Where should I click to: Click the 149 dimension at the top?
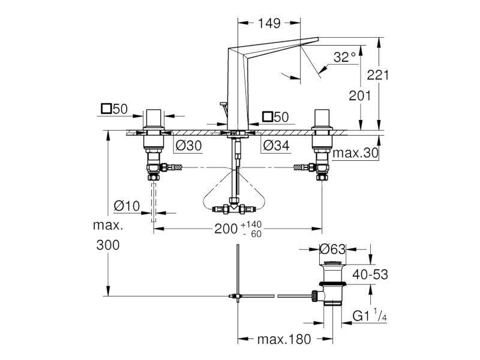269,23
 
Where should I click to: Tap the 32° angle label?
344,57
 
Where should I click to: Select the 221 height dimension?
378,75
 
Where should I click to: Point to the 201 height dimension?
359,96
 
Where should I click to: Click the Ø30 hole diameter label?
189,145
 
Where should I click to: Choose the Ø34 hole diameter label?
277,145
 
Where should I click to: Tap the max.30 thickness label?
355,153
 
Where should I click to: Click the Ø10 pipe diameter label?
127,206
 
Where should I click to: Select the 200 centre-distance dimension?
226,229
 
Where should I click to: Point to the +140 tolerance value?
251,224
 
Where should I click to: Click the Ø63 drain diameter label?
332,249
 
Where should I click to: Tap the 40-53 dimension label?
370,275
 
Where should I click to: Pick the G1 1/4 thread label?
370,316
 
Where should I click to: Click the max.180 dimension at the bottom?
284,339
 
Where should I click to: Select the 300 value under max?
108,245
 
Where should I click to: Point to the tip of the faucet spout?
318,38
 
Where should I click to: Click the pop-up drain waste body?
332,283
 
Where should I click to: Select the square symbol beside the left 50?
106,109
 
